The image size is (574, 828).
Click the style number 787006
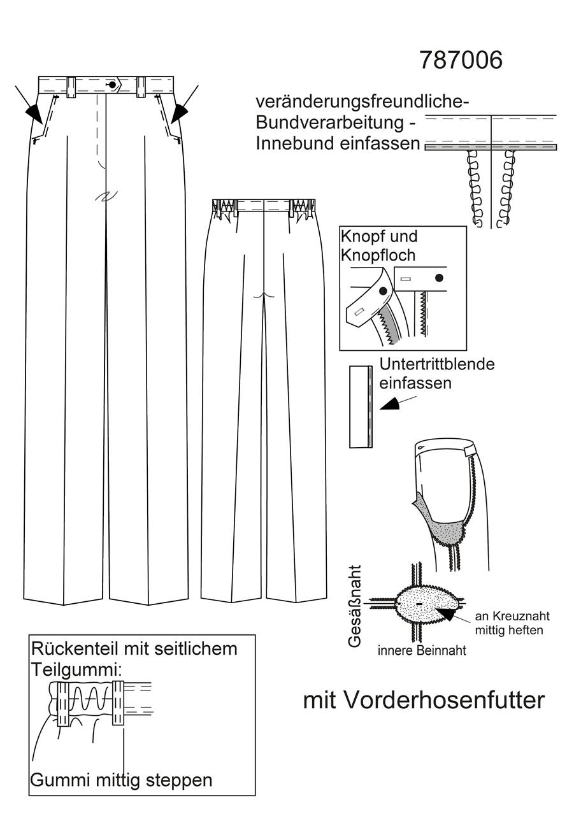(x=461, y=60)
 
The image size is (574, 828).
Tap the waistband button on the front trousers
(x=111, y=85)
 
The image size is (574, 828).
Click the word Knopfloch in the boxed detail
(x=378, y=255)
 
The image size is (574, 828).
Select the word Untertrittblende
(x=437, y=364)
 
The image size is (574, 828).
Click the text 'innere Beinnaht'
(x=422, y=650)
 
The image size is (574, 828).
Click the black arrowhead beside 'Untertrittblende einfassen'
(x=390, y=404)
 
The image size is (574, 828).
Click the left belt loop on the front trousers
(x=71, y=87)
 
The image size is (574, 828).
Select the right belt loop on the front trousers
(x=141, y=87)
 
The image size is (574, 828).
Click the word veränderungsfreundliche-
(x=362, y=103)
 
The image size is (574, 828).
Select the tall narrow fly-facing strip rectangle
(x=361, y=406)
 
